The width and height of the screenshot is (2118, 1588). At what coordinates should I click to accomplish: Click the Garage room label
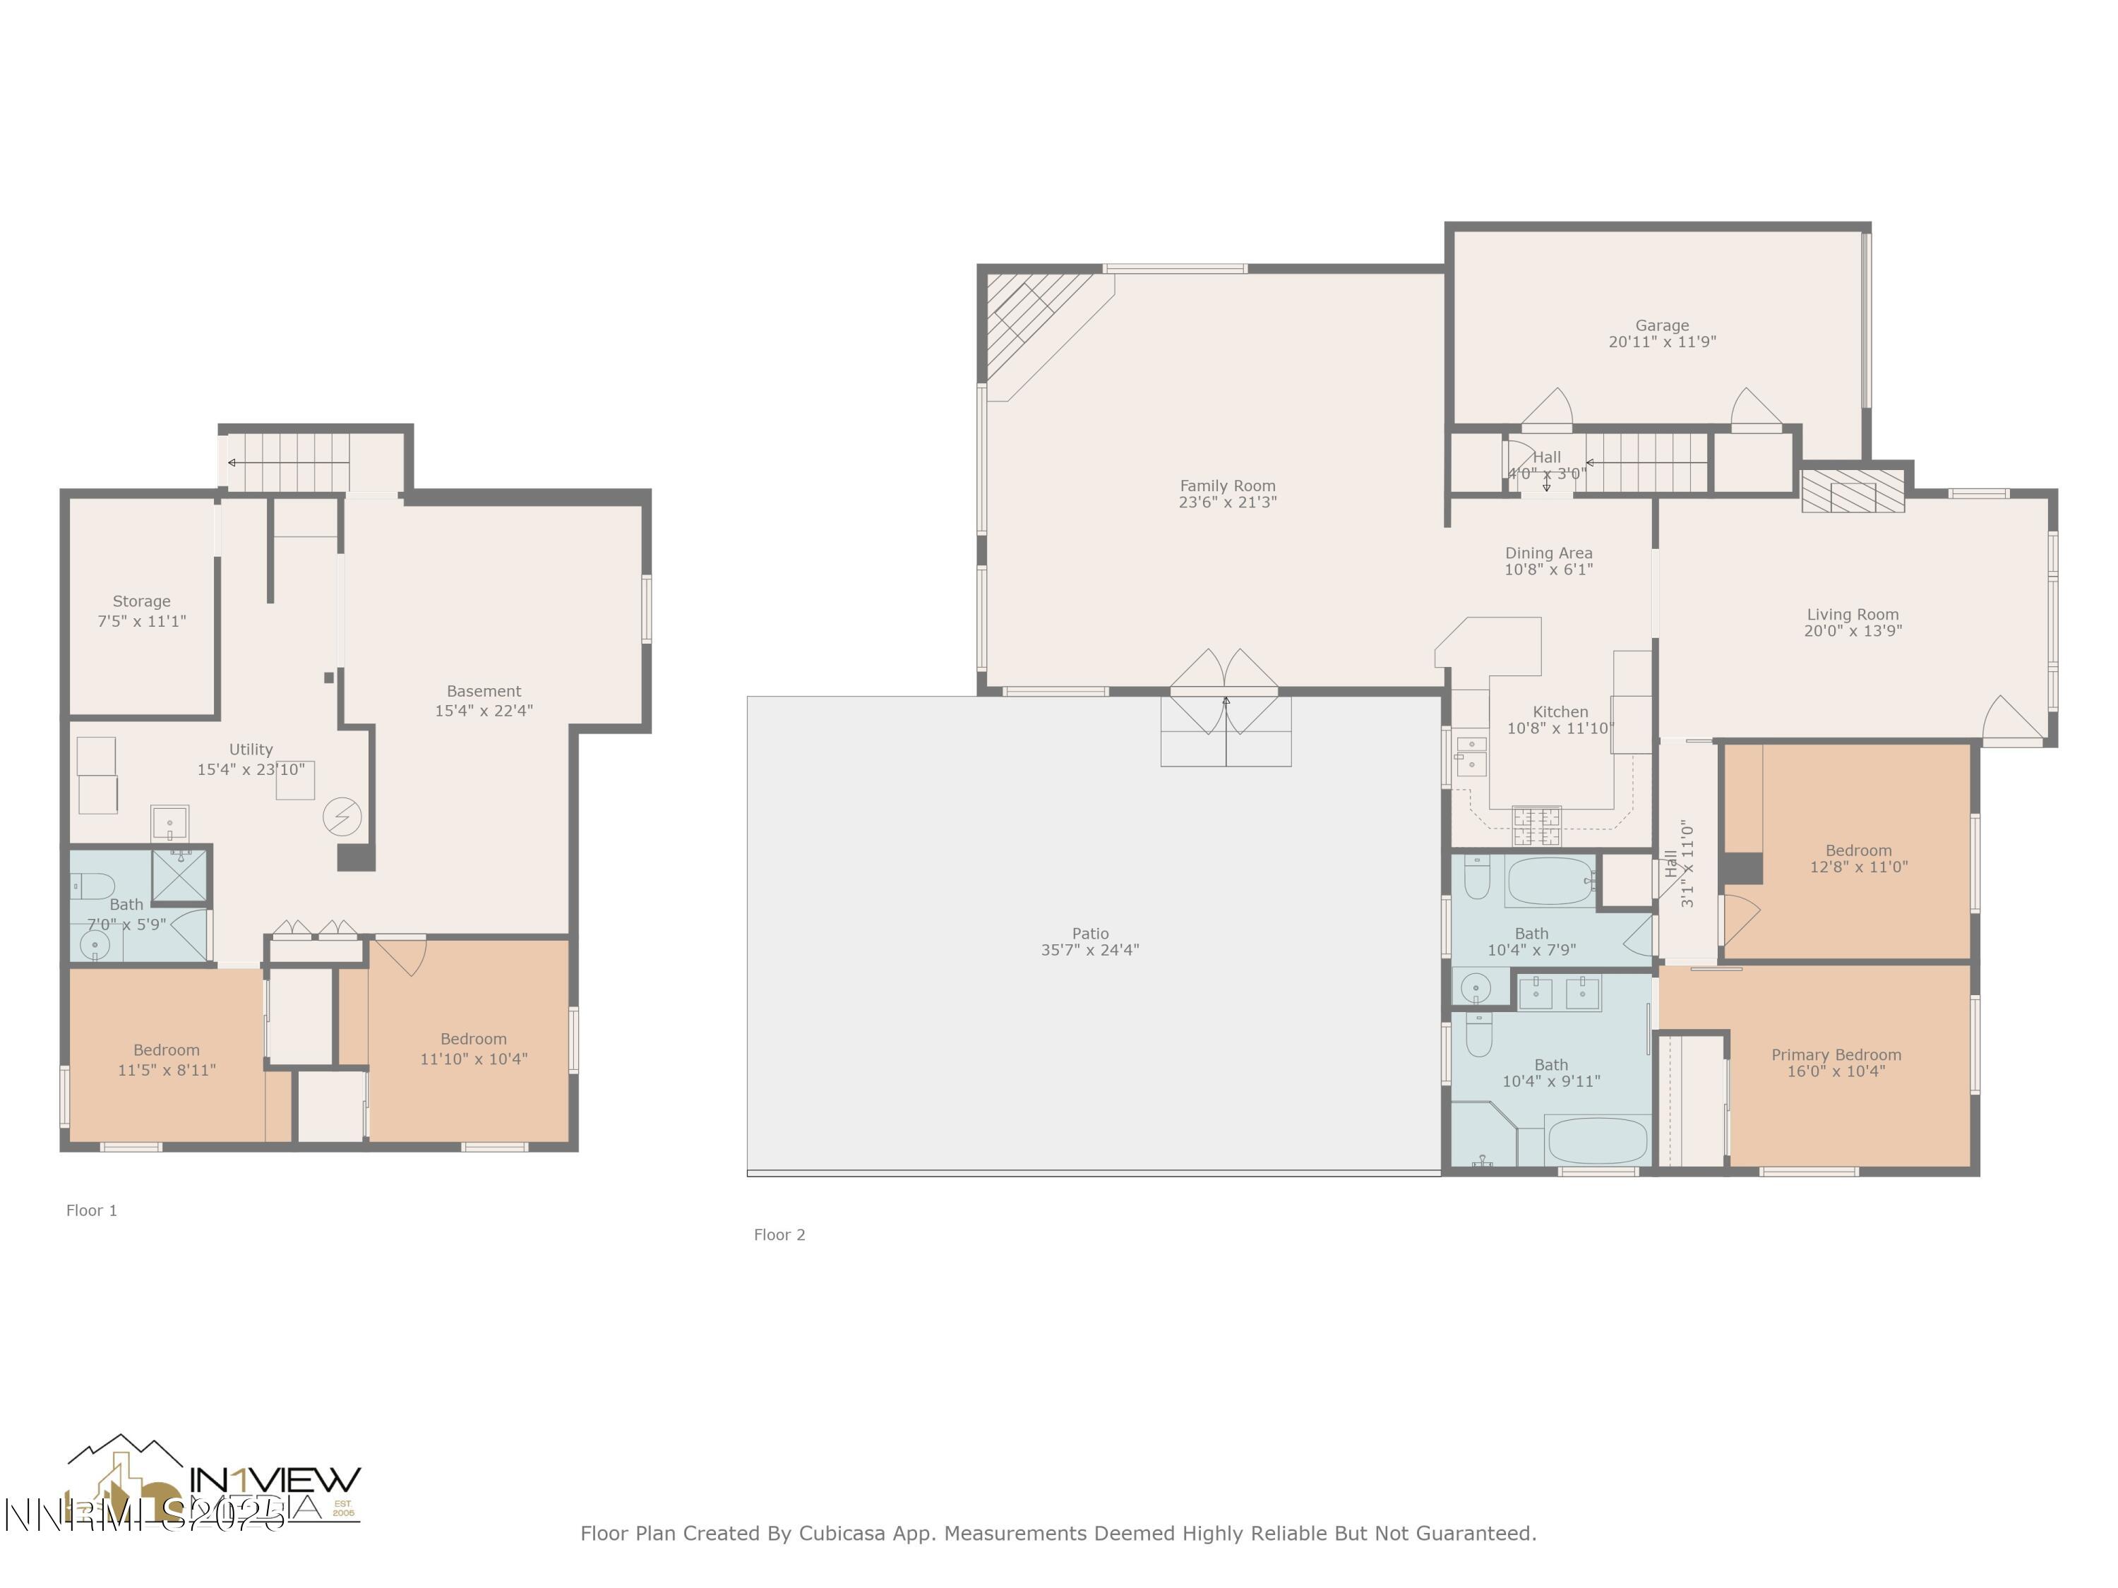(1661, 325)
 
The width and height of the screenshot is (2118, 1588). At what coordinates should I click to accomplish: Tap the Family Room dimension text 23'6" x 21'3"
(1228, 503)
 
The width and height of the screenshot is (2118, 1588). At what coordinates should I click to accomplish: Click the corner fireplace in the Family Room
(1034, 316)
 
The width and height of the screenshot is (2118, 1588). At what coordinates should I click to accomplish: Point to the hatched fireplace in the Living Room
(1853, 491)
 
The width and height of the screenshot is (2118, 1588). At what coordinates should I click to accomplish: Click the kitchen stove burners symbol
(1536, 826)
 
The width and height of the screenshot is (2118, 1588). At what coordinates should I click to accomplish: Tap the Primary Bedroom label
(1836, 1055)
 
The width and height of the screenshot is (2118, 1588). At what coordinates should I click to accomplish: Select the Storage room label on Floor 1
(142, 601)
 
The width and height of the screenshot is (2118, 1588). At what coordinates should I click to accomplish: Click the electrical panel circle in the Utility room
(342, 817)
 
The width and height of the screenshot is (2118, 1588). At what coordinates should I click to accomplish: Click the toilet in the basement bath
(93, 886)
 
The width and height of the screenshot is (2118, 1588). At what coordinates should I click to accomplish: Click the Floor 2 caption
(779, 1235)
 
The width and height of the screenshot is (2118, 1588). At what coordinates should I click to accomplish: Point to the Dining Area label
(1548, 553)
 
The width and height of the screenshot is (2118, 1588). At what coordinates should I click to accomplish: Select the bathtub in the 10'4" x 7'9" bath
(1549, 882)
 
